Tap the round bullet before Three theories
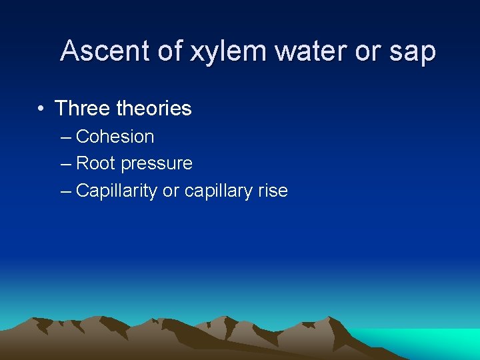(x=41, y=108)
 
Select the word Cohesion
(x=115, y=137)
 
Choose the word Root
(x=96, y=163)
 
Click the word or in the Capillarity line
(x=171, y=191)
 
